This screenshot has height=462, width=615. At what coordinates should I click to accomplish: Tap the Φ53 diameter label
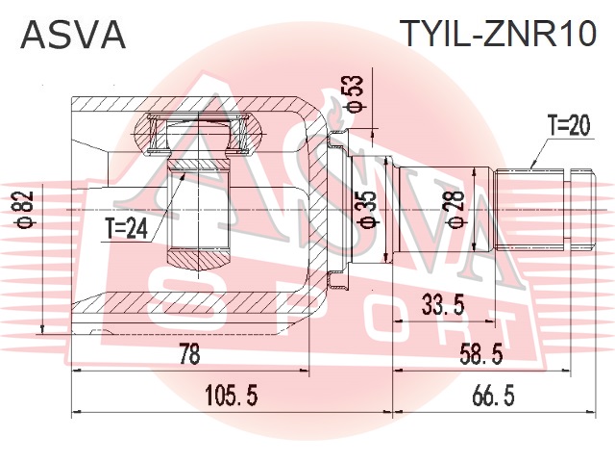pos(354,93)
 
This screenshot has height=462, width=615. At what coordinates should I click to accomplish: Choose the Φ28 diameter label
pos(455,209)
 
